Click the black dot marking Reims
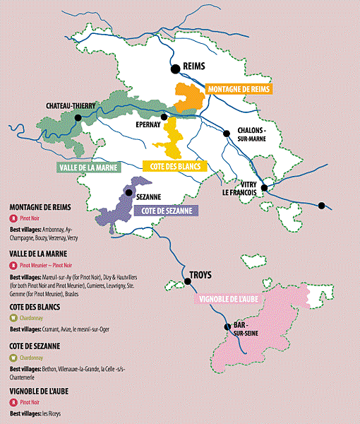pyautogui.click(x=174, y=68)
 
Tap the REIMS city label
pyautogui.click(x=193, y=66)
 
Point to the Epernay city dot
pyautogui.click(x=164, y=117)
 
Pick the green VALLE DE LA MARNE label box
pyautogui.click(x=88, y=167)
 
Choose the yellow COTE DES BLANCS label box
pyautogui.click(x=172, y=167)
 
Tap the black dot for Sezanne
pyautogui.click(x=128, y=192)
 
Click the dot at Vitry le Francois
pyautogui.click(x=265, y=188)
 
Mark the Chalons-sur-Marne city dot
pyautogui.click(x=227, y=134)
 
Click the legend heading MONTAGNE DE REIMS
pyautogui.click(x=40, y=207)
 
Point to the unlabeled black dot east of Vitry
pyautogui.click(x=321, y=206)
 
